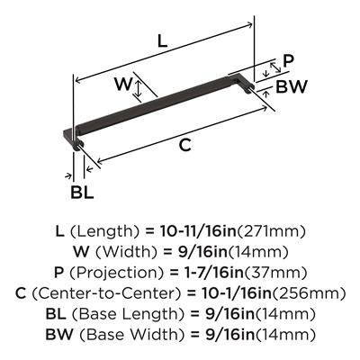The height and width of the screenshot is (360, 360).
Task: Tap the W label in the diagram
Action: [x=123, y=84]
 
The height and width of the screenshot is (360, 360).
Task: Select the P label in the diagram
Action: [x=288, y=61]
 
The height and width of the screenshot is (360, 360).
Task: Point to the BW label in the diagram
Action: [x=292, y=86]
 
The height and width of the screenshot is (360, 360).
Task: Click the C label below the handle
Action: [x=184, y=146]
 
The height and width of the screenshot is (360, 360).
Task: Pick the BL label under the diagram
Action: [x=82, y=192]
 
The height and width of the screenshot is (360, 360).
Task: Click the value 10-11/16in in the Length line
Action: [x=198, y=231]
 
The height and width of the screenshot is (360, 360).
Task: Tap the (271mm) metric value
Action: [x=271, y=231]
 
